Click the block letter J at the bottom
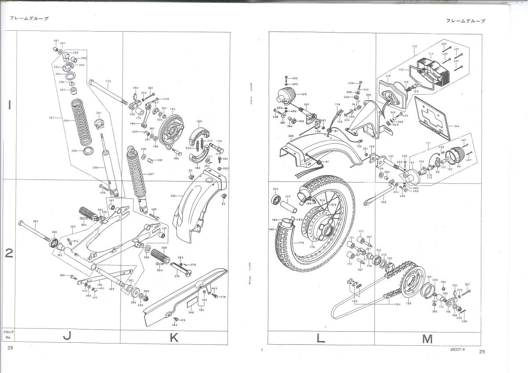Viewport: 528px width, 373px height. (67, 337)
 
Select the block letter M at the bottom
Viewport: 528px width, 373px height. (427, 339)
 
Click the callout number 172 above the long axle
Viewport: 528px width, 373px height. (108, 81)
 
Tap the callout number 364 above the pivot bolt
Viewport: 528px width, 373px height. (36, 221)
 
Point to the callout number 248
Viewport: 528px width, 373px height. (383, 202)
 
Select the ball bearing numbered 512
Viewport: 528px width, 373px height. (276, 201)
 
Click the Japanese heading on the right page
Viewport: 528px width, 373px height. (466, 21)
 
